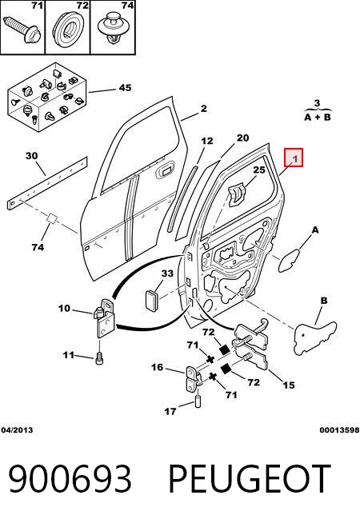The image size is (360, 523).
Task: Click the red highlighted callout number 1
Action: (294, 158)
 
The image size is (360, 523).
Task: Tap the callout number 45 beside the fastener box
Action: (125, 88)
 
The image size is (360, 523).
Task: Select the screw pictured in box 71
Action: (22, 29)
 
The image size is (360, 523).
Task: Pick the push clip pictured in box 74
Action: (114, 28)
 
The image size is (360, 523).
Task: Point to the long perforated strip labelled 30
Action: (47, 183)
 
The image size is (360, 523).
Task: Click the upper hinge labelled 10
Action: (105, 318)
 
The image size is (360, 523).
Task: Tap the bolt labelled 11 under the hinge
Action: (99, 358)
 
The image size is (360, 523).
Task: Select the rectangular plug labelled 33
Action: (151, 301)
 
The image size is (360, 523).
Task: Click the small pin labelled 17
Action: (198, 401)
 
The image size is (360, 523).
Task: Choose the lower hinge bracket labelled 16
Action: (193, 380)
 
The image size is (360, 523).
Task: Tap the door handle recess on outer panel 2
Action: (165, 170)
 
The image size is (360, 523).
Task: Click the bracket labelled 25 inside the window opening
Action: (237, 195)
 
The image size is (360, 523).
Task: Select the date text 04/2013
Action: (17, 430)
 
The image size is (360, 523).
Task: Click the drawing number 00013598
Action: (339, 430)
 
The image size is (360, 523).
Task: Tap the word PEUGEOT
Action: (250, 479)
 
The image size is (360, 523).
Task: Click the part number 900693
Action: (70, 479)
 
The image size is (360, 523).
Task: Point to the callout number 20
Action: (243, 138)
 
